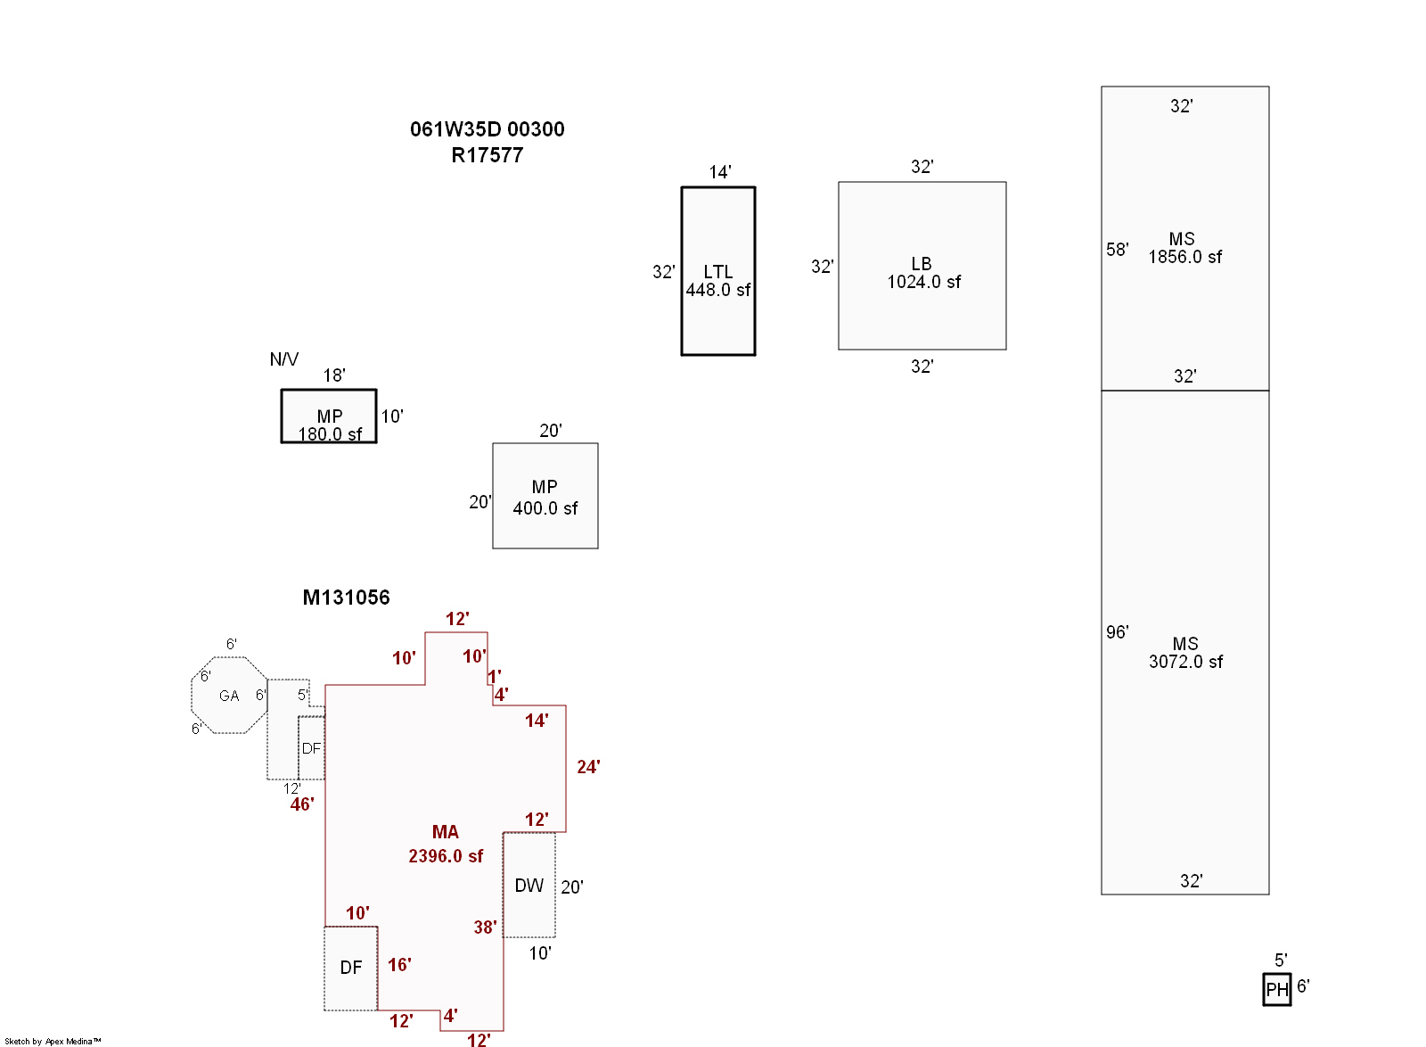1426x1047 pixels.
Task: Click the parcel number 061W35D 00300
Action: coord(487,129)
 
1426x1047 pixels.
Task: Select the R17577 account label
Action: coord(487,155)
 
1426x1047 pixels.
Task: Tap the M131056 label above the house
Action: coord(346,598)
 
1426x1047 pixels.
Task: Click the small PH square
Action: coord(1276,989)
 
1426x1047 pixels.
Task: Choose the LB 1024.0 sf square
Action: coord(922,266)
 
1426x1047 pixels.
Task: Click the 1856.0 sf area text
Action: coord(1184,258)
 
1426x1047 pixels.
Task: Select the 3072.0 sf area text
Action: coord(1185,662)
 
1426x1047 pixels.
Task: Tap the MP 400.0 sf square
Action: coord(545,496)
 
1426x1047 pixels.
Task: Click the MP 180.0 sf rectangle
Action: coord(329,416)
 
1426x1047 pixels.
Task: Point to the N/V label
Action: coord(283,359)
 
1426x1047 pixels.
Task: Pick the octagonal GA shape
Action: coord(229,696)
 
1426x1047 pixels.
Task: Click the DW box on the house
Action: coord(529,885)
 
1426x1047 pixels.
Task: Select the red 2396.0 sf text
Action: coord(446,856)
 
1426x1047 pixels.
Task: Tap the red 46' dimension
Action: coord(302,804)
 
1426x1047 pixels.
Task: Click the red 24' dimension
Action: coord(588,767)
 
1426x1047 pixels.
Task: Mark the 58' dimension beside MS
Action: coord(1117,250)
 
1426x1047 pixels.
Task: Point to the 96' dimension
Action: coord(1117,632)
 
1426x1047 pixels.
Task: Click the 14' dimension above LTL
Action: coord(720,172)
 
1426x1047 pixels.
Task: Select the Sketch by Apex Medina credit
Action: coord(53,1041)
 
